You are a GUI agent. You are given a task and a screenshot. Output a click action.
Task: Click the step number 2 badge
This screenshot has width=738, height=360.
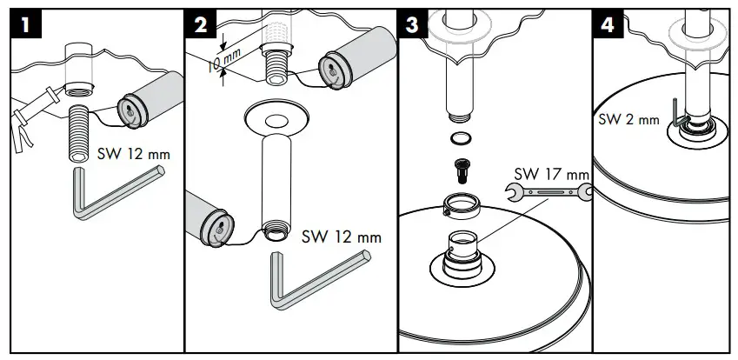pyautogui.click(x=202, y=25)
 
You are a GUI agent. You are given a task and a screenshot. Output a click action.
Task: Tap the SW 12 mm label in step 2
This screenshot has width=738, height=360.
pyautogui.click(x=341, y=237)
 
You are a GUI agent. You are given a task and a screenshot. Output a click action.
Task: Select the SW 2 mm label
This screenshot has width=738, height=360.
pyautogui.click(x=628, y=119)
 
